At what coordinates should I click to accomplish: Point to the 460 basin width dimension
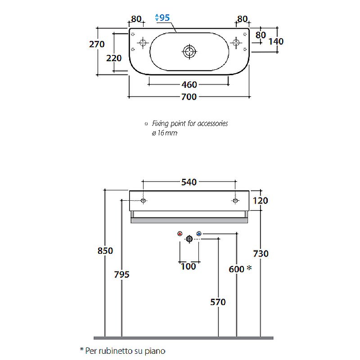point(189,85)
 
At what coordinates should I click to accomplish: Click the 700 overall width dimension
point(189,97)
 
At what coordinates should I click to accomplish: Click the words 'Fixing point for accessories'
point(189,123)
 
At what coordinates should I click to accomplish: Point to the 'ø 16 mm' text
point(165,133)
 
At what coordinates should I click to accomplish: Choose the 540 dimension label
point(189,182)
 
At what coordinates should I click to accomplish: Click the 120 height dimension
point(260,201)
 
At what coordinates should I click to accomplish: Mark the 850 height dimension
point(105,251)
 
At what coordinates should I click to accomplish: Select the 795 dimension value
point(121,274)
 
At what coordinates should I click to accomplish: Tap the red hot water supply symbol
point(180,234)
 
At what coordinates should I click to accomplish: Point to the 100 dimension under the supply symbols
point(189,266)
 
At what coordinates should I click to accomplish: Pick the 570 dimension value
point(218,302)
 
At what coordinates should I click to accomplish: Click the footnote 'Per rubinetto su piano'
point(121,350)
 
